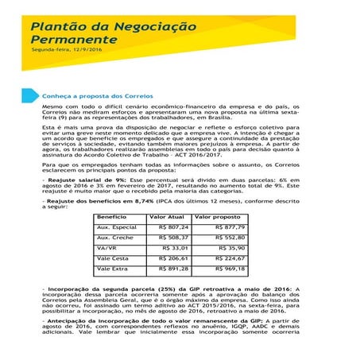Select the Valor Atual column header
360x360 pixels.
coord(167,217)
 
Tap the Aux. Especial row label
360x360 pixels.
coord(116,227)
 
